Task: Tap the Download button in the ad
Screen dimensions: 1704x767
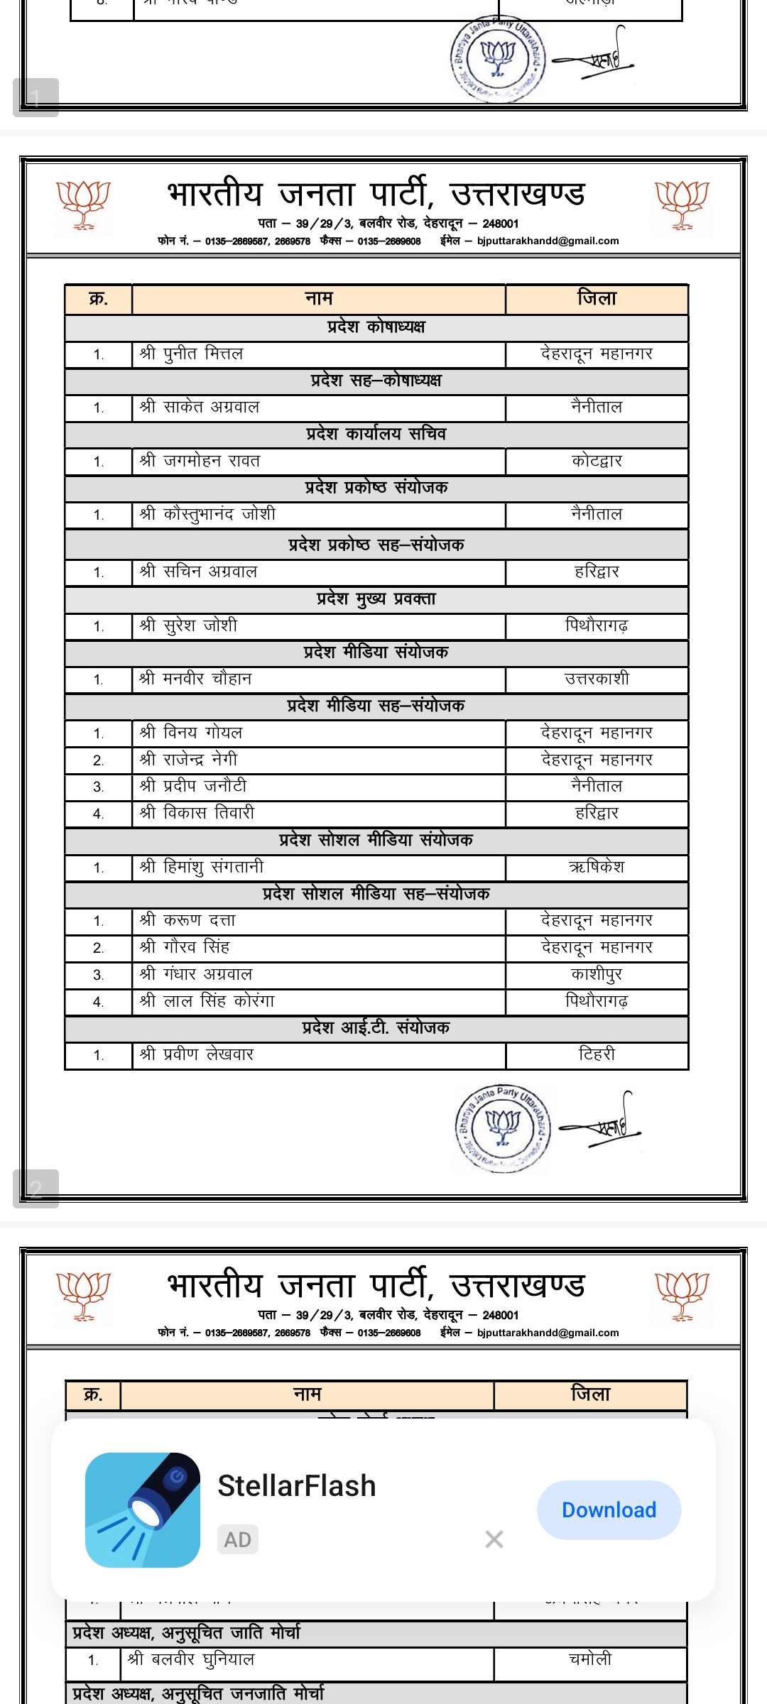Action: [609, 1509]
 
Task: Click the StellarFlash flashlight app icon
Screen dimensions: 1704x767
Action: [142, 1509]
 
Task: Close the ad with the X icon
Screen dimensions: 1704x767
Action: [494, 1539]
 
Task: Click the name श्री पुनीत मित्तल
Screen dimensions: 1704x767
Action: [192, 354]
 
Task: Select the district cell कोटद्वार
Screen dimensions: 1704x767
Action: [597, 461]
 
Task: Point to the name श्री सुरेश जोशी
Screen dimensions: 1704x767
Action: [189, 626]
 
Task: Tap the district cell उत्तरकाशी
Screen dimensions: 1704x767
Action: [597, 679]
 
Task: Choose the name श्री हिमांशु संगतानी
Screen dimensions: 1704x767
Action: [202, 867]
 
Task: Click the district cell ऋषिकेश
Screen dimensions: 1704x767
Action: [597, 867]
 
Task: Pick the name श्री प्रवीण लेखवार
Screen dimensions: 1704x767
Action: [197, 1054]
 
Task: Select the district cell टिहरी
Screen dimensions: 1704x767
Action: [597, 1054]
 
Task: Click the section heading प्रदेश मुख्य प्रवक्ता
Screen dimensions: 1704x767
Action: [376, 599]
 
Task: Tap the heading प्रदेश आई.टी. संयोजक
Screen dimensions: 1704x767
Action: [376, 1028]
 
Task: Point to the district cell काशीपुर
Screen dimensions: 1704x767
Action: [597, 974]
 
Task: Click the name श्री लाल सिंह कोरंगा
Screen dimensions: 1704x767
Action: [207, 1001]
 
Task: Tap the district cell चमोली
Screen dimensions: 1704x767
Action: [590, 1660]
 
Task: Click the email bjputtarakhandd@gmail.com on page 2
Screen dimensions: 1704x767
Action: [548, 241]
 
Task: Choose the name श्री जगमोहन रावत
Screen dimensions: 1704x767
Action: [200, 461]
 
